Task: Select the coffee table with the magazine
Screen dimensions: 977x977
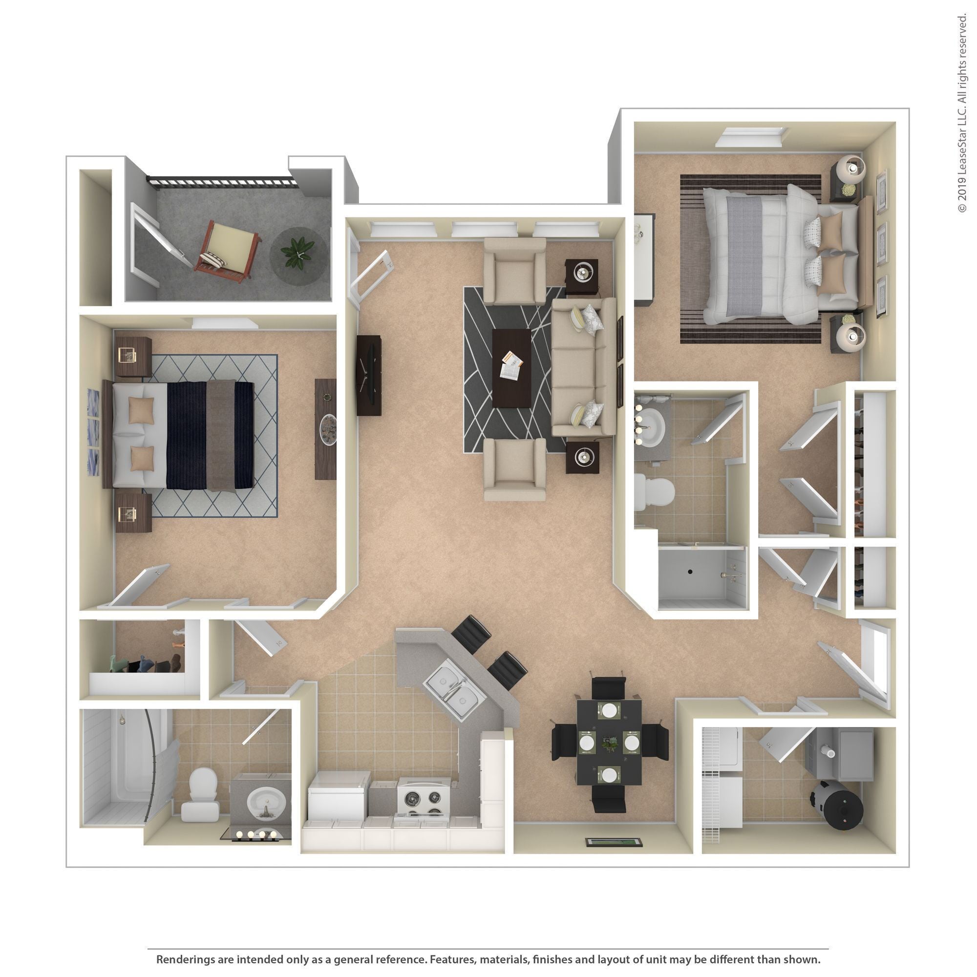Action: [x=511, y=368]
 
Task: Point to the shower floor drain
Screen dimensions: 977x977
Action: [x=690, y=572]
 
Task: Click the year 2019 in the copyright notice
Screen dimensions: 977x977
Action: [x=961, y=188]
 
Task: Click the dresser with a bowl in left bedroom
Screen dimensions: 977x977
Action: [x=327, y=429]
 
